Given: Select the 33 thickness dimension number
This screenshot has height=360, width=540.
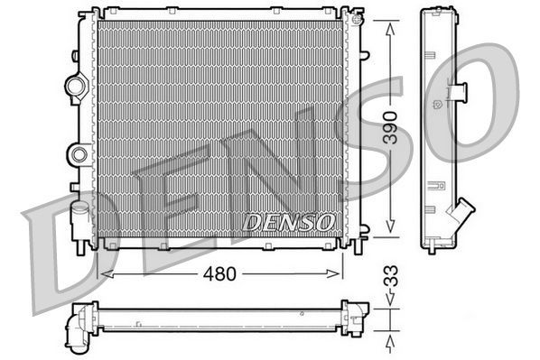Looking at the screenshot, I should [389, 274].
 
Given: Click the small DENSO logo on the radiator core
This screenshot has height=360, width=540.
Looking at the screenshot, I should [290, 221].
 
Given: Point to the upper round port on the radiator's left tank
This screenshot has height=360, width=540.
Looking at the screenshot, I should [75, 88].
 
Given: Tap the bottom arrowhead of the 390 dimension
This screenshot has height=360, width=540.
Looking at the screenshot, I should [389, 231].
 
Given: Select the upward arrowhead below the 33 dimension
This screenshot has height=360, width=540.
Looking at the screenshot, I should [389, 340].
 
